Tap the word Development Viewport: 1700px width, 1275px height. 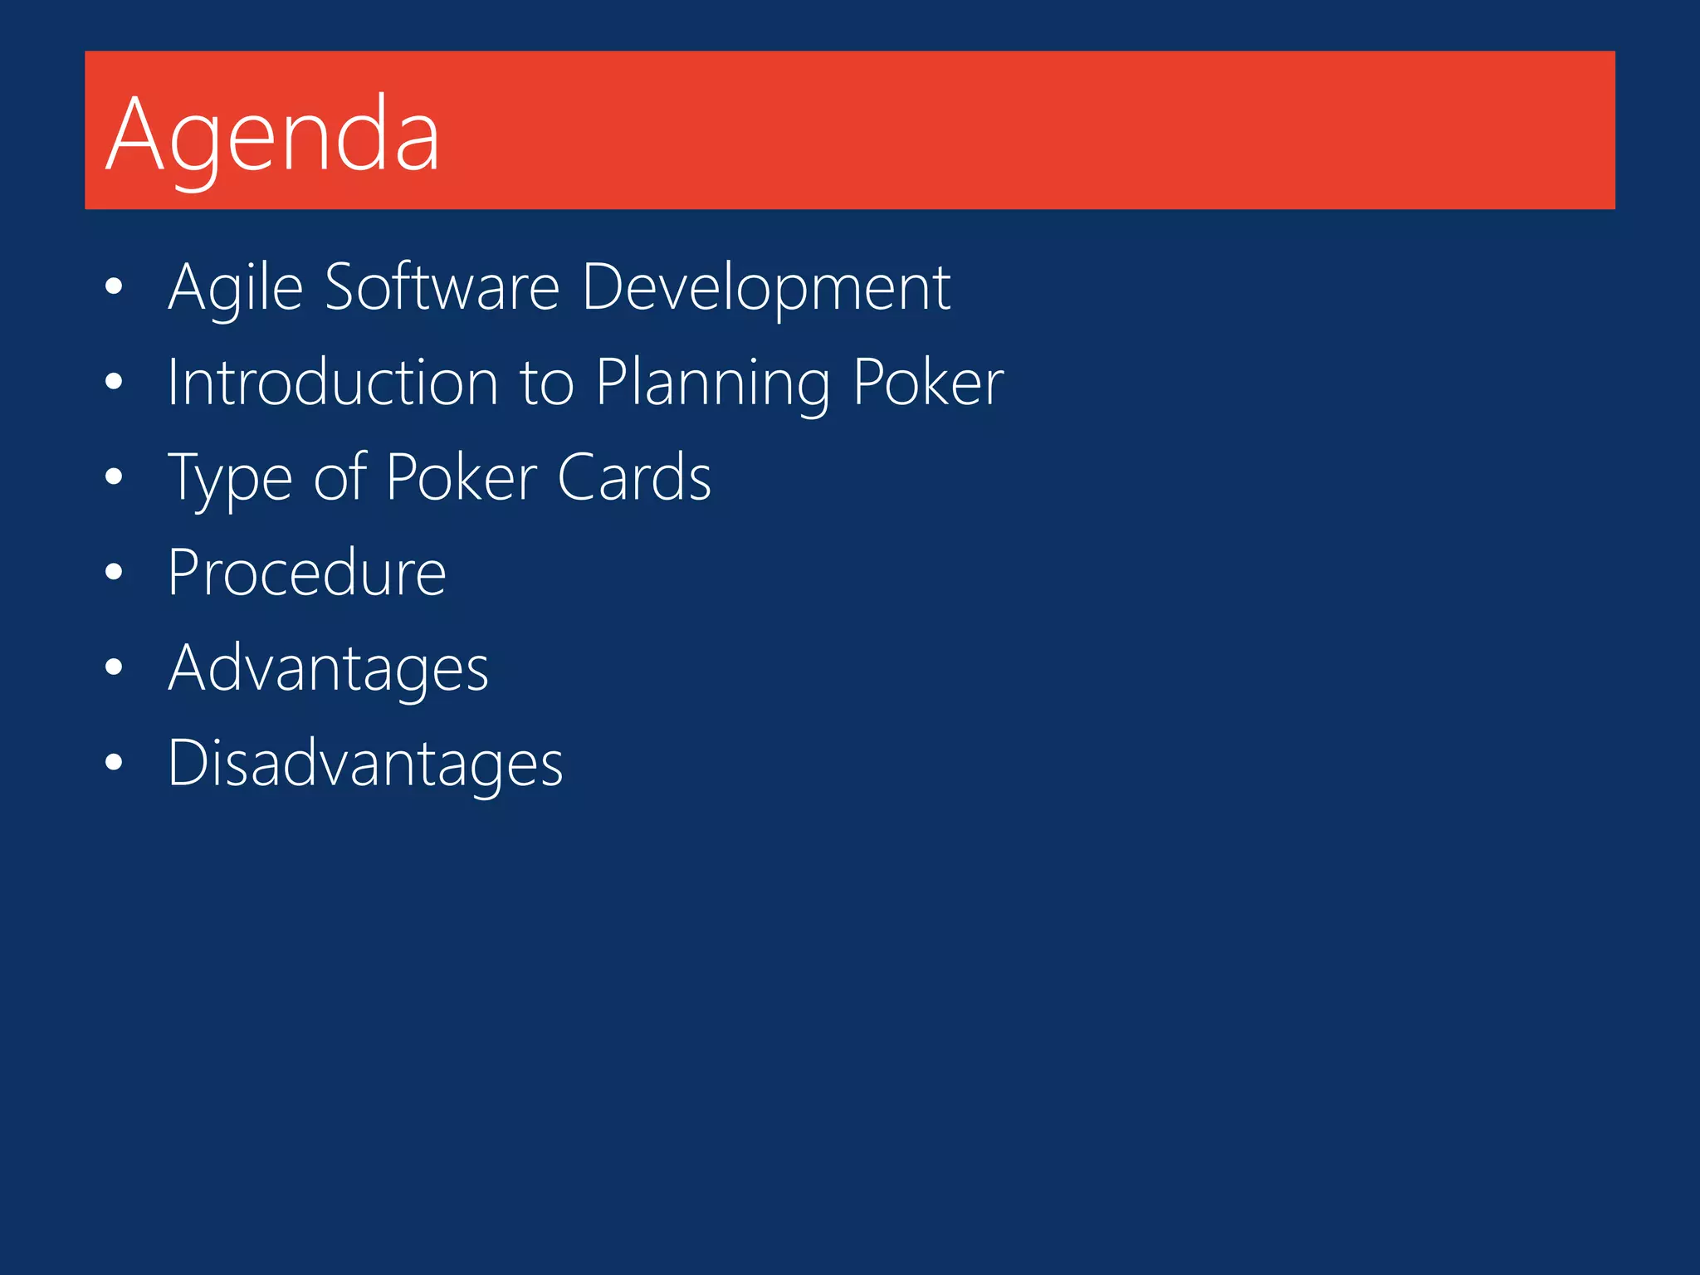pos(766,288)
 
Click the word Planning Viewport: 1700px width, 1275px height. pos(713,383)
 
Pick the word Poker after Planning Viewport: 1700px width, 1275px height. pos(928,383)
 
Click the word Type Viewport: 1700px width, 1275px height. pos(230,479)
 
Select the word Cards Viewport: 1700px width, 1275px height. pos(634,478)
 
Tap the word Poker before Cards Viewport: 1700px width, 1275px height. pos(462,478)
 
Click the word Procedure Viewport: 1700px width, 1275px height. pos(307,573)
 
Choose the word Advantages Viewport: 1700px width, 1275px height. pos(329,668)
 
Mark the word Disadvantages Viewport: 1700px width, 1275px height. pos(365,763)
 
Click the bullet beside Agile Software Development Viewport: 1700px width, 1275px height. pos(115,287)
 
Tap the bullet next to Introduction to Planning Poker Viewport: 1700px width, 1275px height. pos(115,382)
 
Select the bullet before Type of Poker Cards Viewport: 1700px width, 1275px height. pos(115,477)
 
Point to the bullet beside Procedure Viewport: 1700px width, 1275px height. pos(115,573)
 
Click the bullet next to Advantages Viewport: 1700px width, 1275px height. pos(115,667)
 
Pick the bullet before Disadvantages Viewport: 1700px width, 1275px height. pos(115,763)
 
